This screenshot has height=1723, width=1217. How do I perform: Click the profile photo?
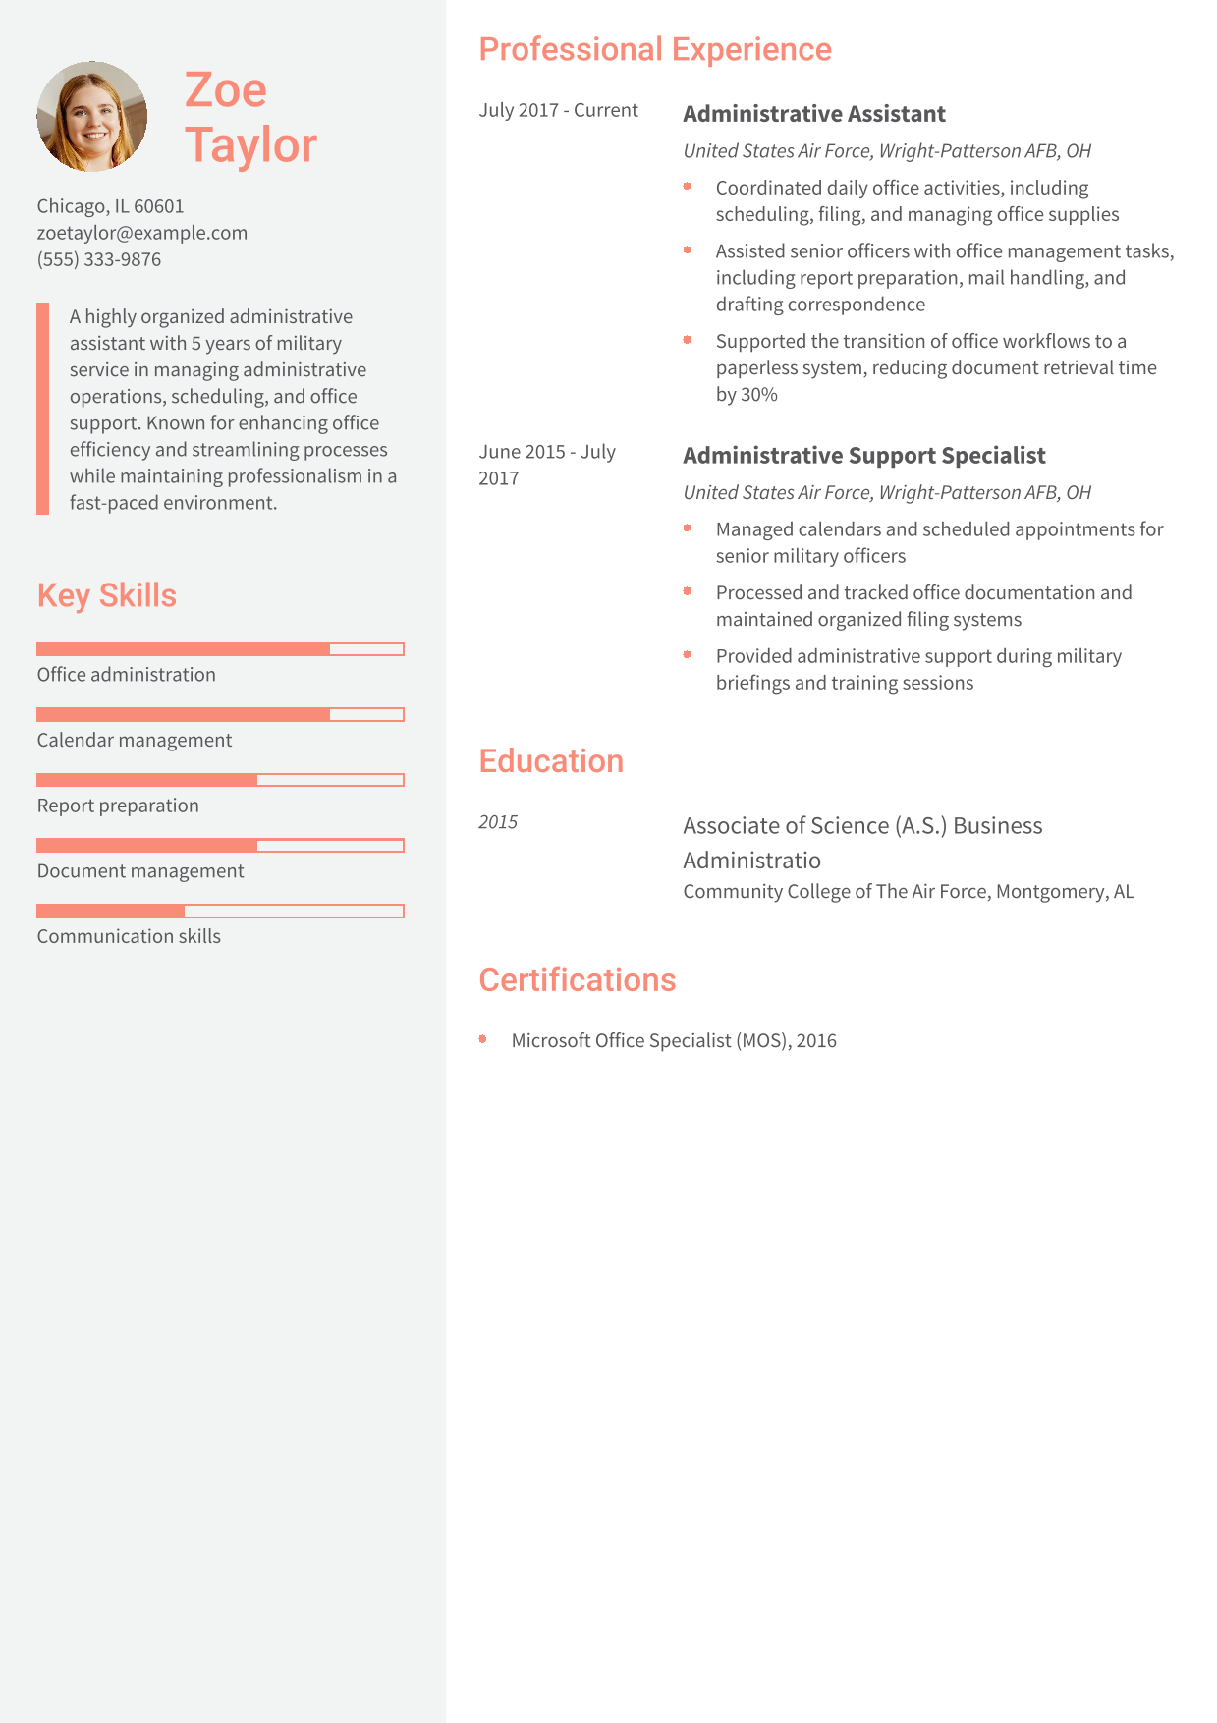pyautogui.click(x=92, y=117)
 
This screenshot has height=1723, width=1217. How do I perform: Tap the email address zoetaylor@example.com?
pyautogui.click(x=142, y=233)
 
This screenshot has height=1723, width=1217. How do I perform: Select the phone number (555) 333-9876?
pyautogui.click(x=99, y=259)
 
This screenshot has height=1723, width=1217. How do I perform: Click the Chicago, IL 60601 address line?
pyautogui.click(x=110, y=206)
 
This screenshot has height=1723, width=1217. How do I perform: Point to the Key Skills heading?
pyautogui.click(x=107, y=595)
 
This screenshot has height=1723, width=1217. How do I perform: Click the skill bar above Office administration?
pyautogui.click(x=220, y=649)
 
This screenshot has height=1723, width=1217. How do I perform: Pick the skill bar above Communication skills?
pyautogui.click(x=220, y=912)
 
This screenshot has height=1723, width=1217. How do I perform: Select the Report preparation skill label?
pyautogui.click(x=118, y=806)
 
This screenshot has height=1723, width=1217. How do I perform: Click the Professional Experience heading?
pyautogui.click(x=655, y=49)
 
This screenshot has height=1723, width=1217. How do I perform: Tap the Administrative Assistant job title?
pyautogui.click(x=814, y=114)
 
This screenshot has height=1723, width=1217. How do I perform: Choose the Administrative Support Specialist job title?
pyautogui.click(x=864, y=456)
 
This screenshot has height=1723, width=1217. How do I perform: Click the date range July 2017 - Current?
pyautogui.click(x=558, y=110)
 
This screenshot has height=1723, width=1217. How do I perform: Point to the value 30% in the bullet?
pyautogui.click(x=759, y=395)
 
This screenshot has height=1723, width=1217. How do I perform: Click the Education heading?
pyautogui.click(x=551, y=761)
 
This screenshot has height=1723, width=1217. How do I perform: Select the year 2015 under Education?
pyautogui.click(x=498, y=822)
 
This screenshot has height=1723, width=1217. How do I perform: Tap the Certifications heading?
pyautogui.click(x=578, y=980)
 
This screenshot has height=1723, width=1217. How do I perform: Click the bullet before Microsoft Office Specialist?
pyautogui.click(x=483, y=1039)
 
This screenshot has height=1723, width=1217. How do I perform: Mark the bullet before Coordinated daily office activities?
pyautogui.click(x=688, y=187)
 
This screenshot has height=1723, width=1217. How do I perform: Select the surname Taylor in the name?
pyautogui.click(x=250, y=145)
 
